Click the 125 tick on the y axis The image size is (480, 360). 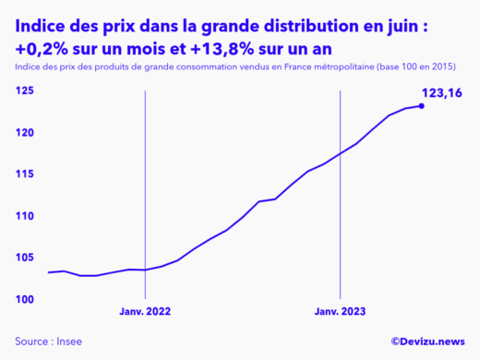click(25, 90)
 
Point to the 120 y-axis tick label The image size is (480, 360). click(25, 133)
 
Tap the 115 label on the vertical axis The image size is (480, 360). click(25, 174)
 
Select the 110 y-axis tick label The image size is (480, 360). click(25, 216)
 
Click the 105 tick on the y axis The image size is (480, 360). click(25, 258)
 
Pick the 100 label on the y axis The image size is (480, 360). click(25, 299)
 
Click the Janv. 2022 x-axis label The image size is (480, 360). click(146, 312)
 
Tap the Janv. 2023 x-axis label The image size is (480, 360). click(342, 312)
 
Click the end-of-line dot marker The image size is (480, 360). click(422, 106)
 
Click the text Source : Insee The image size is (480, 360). click(48, 342)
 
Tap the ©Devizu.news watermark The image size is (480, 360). click(426, 342)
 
